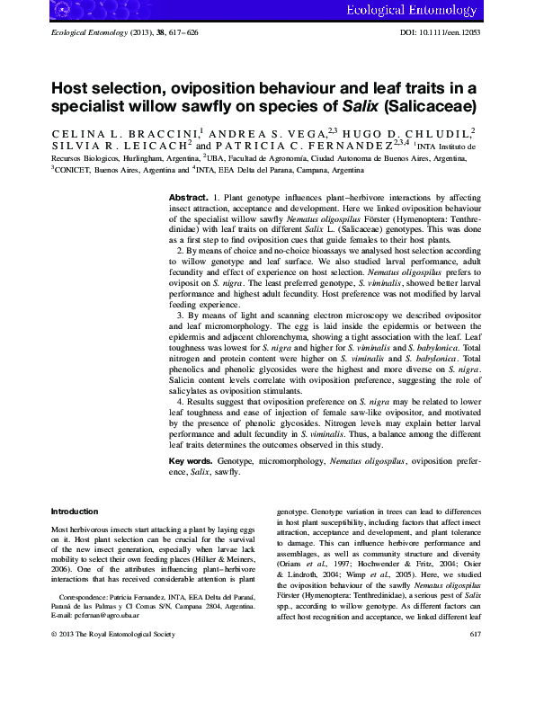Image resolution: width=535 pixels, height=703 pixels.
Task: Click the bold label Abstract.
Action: (x=188, y=195)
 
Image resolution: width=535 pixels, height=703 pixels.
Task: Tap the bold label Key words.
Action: (x=191, y=459)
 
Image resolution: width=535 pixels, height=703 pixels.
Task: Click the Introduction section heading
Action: (x=75, y=511)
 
